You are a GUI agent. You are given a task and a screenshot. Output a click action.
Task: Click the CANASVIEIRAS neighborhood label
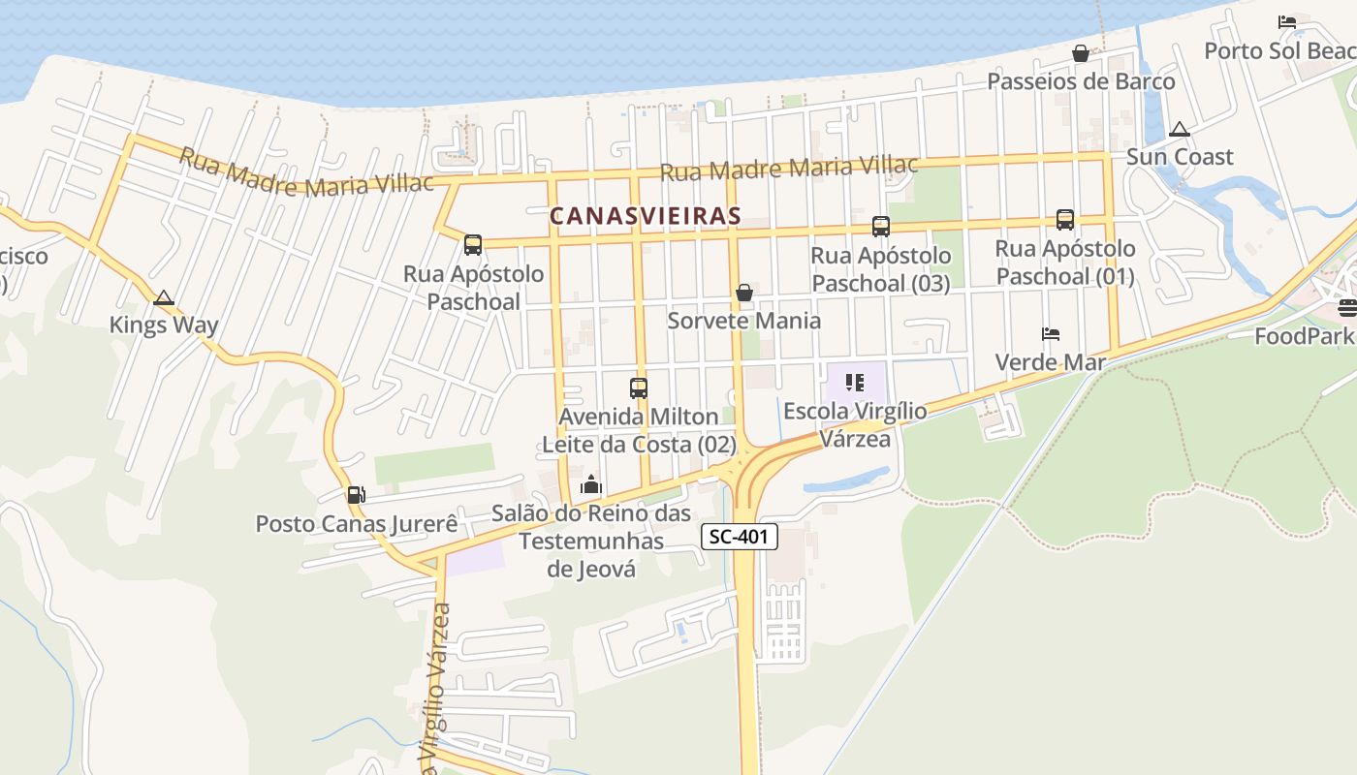(x=646, y=216)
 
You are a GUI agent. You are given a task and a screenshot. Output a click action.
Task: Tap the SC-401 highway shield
(x=740, y=537)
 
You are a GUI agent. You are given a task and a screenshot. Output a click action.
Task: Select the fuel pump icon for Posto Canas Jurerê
(x=356, y=495)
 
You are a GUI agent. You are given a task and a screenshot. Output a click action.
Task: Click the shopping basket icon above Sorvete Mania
(x=744, y=293)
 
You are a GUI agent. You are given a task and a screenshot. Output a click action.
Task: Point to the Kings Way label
(x=164, y=325)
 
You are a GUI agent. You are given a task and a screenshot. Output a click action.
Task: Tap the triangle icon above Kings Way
(x=164, y=297)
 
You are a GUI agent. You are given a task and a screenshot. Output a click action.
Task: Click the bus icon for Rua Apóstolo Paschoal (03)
(x=880, y=227)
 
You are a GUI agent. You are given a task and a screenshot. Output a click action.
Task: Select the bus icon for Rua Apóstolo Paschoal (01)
(x=1064, y=220)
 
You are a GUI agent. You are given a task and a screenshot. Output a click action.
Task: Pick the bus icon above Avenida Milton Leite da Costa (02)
(x=638, y=388)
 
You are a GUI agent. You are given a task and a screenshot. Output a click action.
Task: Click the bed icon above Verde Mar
(x=1051, y=334)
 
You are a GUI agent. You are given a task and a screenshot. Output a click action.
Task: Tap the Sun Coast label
(x=1180, y=157)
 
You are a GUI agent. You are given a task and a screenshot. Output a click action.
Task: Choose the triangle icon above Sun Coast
(x=1180, y=129)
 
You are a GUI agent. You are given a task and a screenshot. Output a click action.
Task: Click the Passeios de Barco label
(x=1081, y=81)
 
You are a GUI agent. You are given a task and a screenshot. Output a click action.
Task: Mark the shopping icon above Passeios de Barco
(x=1080, y=53)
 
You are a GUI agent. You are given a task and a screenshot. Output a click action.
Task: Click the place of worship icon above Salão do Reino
(x=591, y=484)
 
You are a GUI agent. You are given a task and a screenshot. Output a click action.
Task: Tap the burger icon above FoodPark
(x=1347, y=308)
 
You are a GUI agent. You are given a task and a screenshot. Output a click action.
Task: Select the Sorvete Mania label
(x=744, y=321)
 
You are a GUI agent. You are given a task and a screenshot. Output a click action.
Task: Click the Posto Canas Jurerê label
(x=356, y=524)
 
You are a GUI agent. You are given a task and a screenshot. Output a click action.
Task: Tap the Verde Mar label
(x=1051, y=362)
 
